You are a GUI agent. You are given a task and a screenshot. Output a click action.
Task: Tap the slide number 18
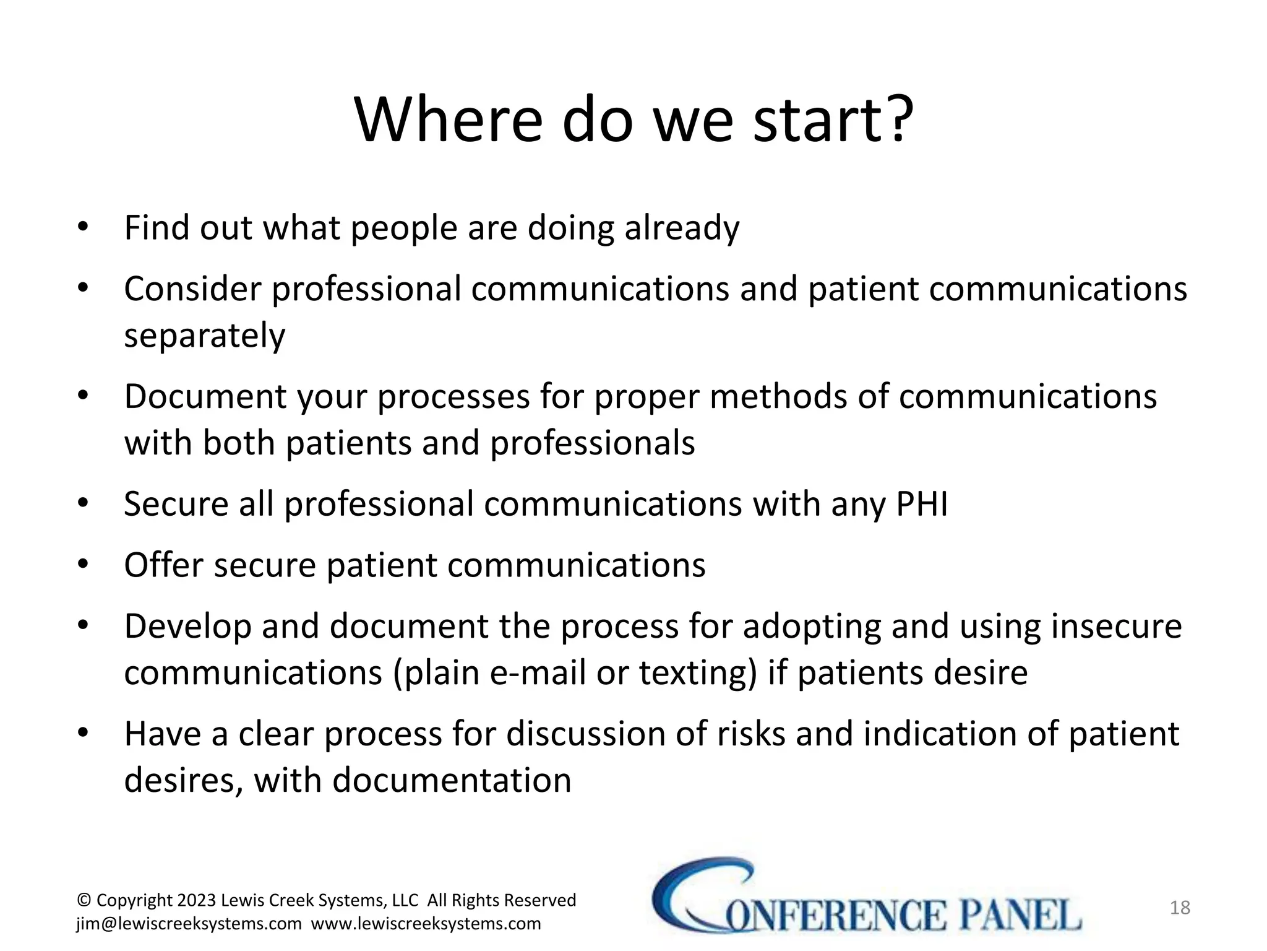(1180, 908)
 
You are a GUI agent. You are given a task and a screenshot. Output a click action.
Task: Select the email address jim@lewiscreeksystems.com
(189, 924)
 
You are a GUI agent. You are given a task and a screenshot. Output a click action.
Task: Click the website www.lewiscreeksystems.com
(426, 924)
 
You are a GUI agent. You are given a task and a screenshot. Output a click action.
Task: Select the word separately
(205, 336)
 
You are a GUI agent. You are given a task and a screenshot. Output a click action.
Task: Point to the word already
(682, 228)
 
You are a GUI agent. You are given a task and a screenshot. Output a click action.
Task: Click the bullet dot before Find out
(83, 227)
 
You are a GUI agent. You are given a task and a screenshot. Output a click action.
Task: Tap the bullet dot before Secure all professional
(83, 503)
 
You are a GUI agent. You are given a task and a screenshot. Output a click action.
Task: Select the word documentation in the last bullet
(452, 780)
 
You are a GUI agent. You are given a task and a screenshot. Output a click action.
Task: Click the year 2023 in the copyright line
(197, 900)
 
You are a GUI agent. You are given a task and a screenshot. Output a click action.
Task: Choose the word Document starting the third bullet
(205, 397)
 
